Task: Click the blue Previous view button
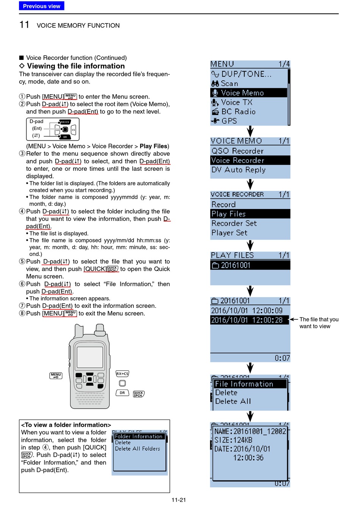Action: point(42,6)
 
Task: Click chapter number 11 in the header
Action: point(24,25)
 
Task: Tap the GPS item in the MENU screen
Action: point(229,121)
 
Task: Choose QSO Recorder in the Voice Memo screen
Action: point(237,151)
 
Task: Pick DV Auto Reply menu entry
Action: point(238,170)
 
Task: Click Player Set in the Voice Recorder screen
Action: point(229,233)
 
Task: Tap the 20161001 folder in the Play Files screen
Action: point(235,265)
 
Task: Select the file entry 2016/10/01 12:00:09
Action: point(247,311)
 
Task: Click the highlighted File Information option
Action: point(244,384)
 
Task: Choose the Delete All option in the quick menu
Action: point(233,401)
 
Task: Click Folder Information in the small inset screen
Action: point(138,437)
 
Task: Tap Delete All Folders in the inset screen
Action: point(138,449)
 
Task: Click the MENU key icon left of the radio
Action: point(56,375)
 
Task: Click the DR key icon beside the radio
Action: point(122,393)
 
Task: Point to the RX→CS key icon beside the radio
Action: point(122,374)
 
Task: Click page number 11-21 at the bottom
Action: point(179,500)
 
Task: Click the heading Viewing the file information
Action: point(76,66)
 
